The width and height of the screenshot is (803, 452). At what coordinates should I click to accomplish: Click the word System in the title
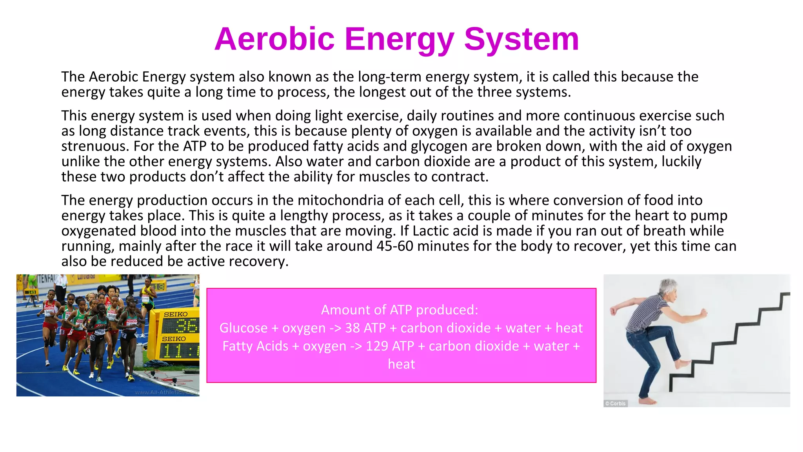[x=521, y=39]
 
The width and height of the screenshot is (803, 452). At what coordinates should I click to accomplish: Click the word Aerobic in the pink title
[x=274, y=39]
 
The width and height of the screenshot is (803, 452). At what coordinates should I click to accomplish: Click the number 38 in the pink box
[x=352, y=328]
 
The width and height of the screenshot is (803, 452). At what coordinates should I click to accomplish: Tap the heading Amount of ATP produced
[x=400, y=310]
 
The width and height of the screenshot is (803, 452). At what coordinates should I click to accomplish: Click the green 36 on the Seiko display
[x=187, y=326]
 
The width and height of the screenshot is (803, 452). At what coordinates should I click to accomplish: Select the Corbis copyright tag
[x=616, y=403]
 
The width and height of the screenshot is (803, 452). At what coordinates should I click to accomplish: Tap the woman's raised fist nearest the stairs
[x=704, y=313]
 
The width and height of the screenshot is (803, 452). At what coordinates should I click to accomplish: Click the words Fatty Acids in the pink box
[x=255, y=346]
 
